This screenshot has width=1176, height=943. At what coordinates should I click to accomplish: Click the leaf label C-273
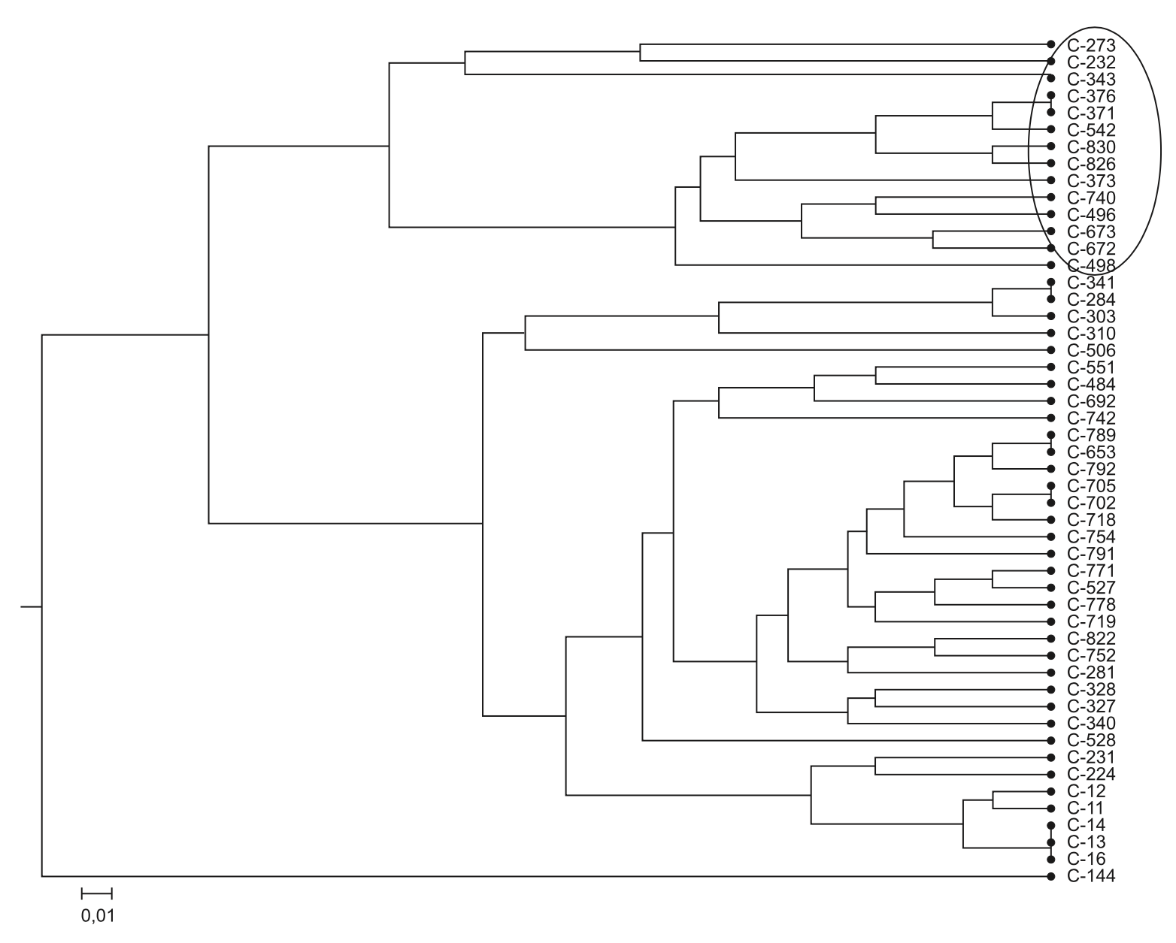(1090, 45)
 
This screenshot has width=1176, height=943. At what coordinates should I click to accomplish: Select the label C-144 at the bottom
(1090, 876)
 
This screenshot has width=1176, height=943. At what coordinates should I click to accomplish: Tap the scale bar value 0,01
(97, 916)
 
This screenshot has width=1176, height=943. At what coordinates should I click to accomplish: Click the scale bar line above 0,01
(96, 893)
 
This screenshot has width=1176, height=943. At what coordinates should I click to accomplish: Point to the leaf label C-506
(1090, 351)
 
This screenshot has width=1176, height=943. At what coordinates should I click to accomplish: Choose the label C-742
(1090, 419)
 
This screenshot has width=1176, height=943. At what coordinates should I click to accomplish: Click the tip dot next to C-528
(1050, 741)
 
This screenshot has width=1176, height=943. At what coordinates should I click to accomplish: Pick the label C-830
(1090, 147)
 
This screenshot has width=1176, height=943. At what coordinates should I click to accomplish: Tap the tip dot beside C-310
(1050, 333)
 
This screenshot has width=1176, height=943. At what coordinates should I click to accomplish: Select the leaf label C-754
(1090, 537)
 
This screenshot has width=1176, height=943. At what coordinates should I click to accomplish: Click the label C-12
(1085, 791)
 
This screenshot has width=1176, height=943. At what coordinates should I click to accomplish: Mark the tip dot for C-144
(1050, 876)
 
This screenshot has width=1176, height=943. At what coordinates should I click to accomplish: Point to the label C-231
(1090, 757)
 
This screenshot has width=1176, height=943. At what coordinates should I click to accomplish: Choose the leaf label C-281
(1090, 672)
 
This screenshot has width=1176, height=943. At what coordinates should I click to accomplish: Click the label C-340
(1090, 724)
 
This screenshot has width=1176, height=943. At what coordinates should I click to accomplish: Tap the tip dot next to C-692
(1050, 401)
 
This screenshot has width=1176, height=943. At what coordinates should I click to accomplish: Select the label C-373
(1090, 181)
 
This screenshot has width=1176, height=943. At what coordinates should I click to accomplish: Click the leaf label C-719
(1090, 621)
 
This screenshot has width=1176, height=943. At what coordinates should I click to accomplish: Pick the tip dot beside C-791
(1050, 554)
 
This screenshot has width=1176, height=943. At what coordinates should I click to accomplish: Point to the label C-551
(1090, 367)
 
